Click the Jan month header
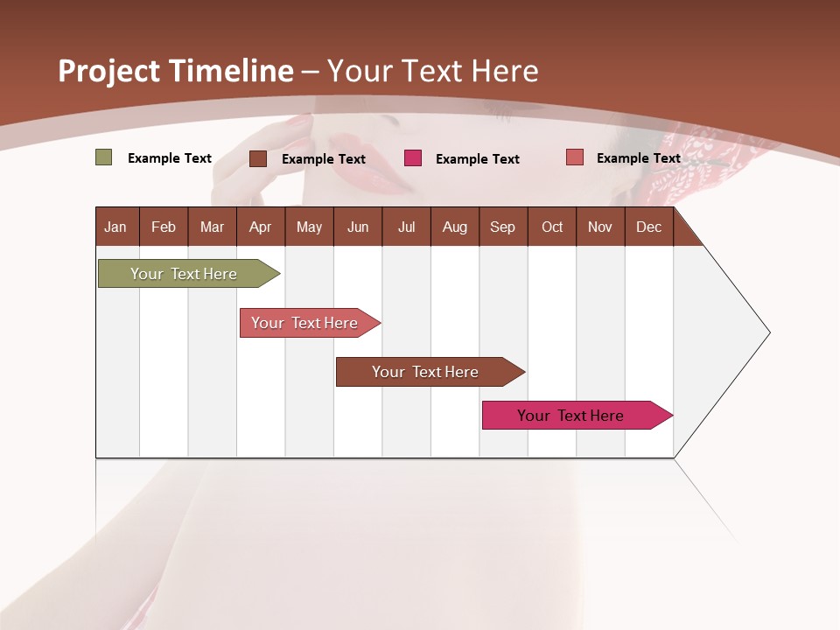(x=115, y=227)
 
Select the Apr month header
(x=260, y=227)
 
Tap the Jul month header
(x=406, y=227)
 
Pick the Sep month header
(x=502, y=227)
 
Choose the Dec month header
(x=648, y=227)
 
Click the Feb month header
(x=164, y=227)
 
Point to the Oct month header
(x=552, y=227)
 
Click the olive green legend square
(x=103, y=157)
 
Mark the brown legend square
(x=258, y=158)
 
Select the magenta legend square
(x=413, y=158)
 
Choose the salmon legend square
(x=574, y=157)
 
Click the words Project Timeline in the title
(x=175, y=71)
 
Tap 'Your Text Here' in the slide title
(x=432, y=71)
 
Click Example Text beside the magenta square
(x=477, y=158)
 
